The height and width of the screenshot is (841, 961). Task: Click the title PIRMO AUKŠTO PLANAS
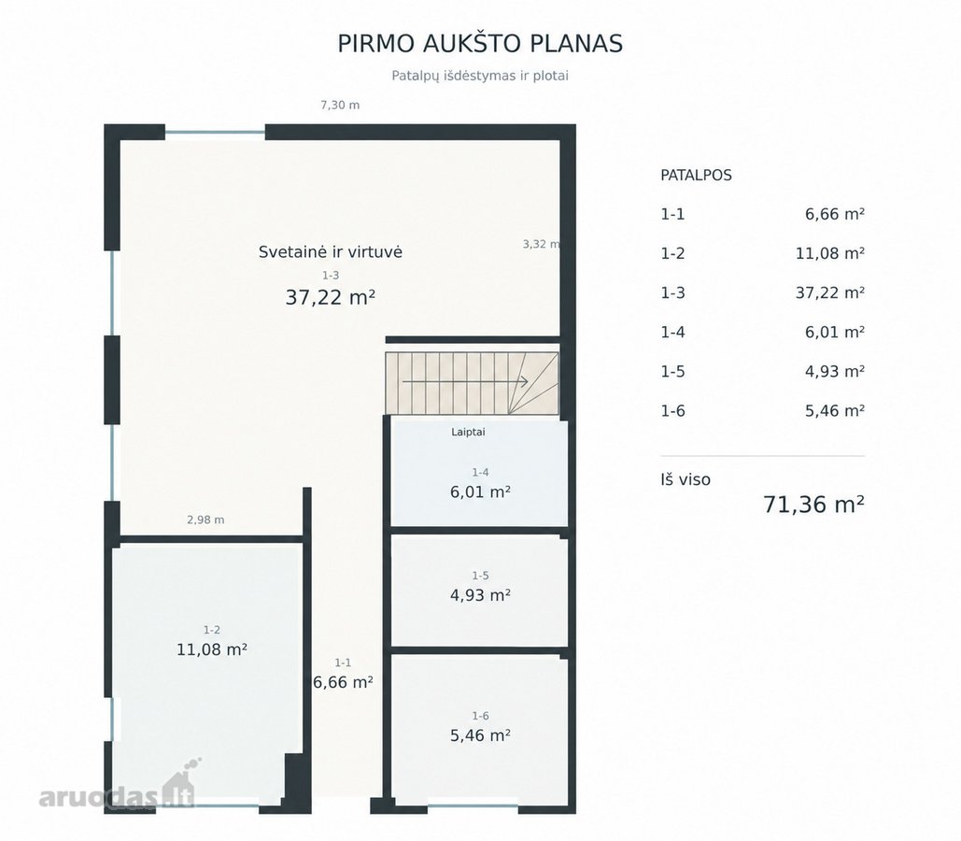click(x=480, y=44)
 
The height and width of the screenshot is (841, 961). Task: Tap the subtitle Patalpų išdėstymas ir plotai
click(x=480, y=76)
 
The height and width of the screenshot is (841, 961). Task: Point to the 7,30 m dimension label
click(x=340, y=105)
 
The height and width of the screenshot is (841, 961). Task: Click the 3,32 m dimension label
click(x=541, y=244)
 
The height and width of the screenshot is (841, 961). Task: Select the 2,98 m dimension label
click(x=205, y=520)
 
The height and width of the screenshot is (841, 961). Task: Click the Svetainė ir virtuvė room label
click(x=331, y=251)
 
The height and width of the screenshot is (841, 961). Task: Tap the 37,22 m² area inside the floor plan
click(x=331, y=297)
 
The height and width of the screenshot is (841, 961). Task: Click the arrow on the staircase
click(x=465, y=381)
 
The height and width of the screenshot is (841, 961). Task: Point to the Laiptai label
click(x=468, y=432)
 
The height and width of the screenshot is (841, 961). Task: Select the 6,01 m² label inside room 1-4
click(x=480, y=492)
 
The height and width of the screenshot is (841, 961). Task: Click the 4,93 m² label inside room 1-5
click(x=480, y=595)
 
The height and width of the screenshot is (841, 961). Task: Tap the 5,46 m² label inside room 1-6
click(x=480, y=734)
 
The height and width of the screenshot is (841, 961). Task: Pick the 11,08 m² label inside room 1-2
click(x=212, y=649)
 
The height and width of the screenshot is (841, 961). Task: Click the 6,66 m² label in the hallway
click(x=344, y=681)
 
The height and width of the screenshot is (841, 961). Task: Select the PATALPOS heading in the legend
click(x=697, y=175)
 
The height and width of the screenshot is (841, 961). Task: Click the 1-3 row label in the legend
click(x=672, y=292)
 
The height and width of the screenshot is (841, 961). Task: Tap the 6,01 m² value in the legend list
click(x=835, y=332)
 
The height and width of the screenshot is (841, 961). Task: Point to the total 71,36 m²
click(x=814, y=505)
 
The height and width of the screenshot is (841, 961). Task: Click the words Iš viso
click(x=685, y=479)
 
